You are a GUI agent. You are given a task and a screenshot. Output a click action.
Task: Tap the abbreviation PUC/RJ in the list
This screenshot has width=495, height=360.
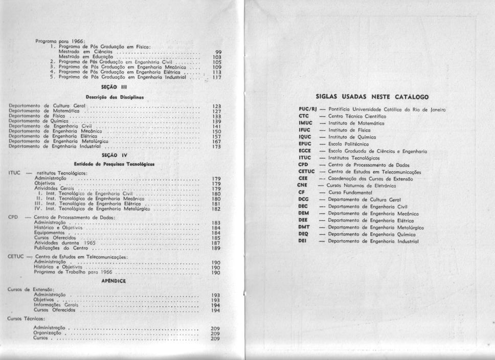(308, 109)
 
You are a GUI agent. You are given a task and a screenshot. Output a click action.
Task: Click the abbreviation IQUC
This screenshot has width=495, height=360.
(305, 137)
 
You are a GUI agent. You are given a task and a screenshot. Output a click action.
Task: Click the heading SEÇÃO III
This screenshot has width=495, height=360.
(111, 87)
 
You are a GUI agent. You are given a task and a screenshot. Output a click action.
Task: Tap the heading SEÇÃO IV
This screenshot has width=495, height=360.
(111, 154)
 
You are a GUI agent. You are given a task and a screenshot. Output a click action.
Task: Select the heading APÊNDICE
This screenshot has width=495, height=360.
(114, 281)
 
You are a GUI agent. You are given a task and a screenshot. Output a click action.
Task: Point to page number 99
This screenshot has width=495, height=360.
(218, 52)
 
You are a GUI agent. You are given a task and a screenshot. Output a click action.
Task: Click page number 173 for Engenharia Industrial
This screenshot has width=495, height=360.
(216, 147)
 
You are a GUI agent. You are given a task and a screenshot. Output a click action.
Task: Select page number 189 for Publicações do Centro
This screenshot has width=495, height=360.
(216, 248)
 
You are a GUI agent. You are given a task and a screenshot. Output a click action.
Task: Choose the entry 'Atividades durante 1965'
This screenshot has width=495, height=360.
(57, 243)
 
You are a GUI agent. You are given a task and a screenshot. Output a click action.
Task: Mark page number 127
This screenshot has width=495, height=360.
(216, 111)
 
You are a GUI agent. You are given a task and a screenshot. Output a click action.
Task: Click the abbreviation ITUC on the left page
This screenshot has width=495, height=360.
(14, 173)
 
